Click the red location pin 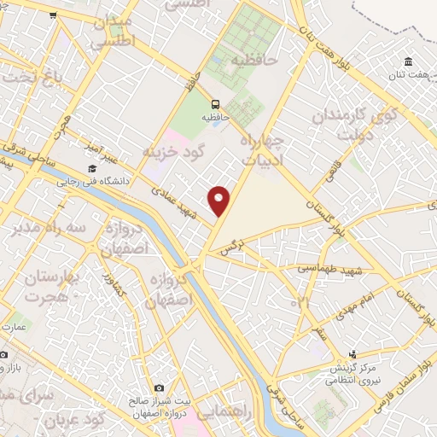pos(220,201)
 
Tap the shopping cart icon pos(53,15)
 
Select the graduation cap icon pos(91,168)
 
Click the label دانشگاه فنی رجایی pos(91,181)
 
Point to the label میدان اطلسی pos(112,30)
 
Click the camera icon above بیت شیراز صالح pos(159,387)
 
